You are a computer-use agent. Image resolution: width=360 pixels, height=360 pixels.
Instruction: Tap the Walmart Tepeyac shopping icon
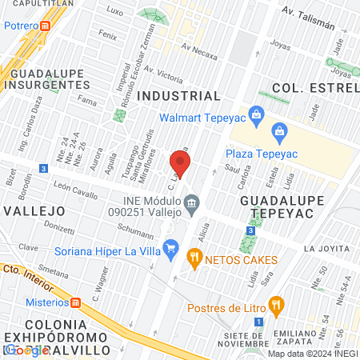(x=256, y=114)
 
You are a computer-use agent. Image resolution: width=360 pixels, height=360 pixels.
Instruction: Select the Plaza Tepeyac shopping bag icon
(x=279, y=130)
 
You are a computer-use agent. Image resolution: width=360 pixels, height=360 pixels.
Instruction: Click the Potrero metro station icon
(x=46, y=26)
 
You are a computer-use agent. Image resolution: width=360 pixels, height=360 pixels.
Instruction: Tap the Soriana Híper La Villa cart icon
(x=170, y=248)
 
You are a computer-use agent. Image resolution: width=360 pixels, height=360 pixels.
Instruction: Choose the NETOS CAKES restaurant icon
(x=193, y=258)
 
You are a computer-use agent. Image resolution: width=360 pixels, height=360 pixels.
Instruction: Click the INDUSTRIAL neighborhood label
(x=178, y=96)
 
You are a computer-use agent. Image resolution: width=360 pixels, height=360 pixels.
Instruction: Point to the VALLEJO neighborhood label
(x=34, y=210)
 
